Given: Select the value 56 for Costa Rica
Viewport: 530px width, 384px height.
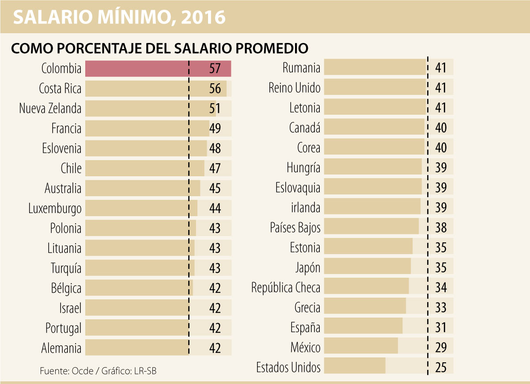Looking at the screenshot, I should click(x=215, y=88).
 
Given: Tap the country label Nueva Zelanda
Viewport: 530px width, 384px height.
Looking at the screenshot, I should click(x=50, y=108).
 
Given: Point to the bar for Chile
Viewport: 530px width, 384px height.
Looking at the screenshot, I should click(x=144, y=169).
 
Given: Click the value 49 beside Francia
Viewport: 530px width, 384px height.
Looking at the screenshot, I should click(x=215, y=129).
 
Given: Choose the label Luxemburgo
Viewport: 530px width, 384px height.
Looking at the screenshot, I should click(x=55, y=208).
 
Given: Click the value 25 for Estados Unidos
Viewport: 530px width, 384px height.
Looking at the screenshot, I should click(x=441, y=367).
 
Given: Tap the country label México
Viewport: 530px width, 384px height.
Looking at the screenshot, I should click(x=305, y=347).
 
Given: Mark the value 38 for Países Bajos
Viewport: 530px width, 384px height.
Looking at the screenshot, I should click(x=441, y=227).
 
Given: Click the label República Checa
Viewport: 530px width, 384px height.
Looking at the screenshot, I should click(x=286, y=288).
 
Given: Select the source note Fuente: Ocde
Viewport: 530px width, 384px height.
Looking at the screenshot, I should click(x=66, y=371).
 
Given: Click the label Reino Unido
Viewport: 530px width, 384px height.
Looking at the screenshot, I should click(x=294, y=88).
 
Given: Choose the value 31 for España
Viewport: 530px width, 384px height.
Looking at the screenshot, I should click(x=441, y=327).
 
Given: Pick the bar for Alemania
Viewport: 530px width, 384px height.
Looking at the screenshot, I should click(x=137, y=348).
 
